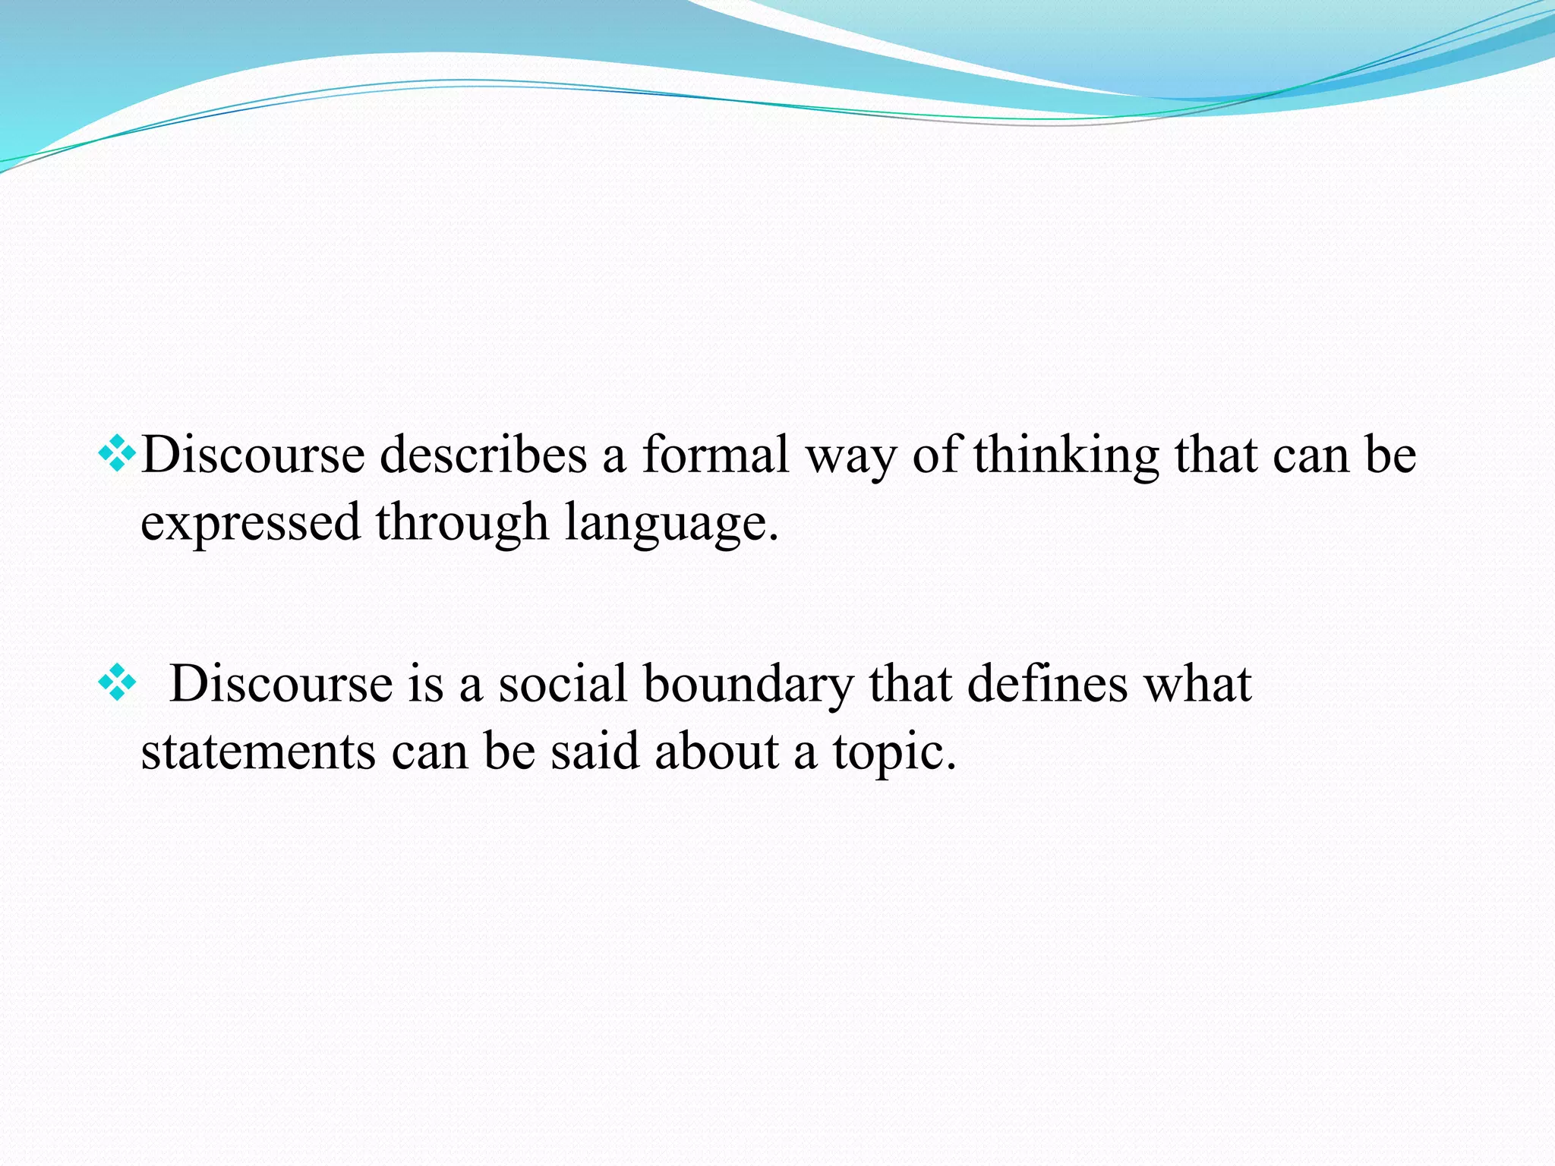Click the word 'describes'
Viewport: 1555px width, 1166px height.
(x=483, y=455)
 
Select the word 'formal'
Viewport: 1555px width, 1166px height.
(x=715, y=455)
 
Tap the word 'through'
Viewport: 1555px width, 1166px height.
(x=462, y=524)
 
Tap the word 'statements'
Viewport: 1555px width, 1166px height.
(x=258, y=752)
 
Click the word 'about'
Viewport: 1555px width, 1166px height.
(x=716, y=752)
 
